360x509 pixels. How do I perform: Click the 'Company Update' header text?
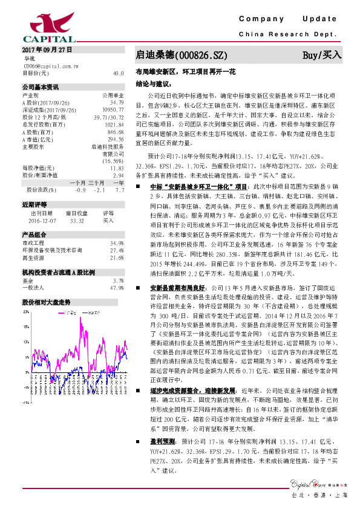click(x=291, y=20)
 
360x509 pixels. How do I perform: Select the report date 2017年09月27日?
click(x=47, y=49)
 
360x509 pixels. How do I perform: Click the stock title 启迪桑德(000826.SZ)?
click(x=182, y=56)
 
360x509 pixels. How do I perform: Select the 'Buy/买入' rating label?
click(x=322, y=56)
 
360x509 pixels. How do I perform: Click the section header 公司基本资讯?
click(x=41, y=86)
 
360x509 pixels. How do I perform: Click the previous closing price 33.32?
click(x=77, y=221)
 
